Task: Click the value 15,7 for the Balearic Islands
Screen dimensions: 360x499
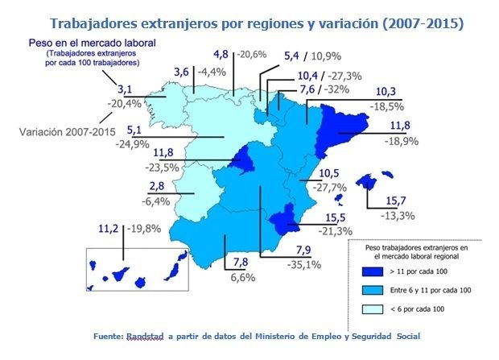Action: pos(393,201)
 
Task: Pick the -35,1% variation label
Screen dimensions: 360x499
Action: pos(305,263)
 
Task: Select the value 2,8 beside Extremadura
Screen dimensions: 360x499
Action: pos(158,187)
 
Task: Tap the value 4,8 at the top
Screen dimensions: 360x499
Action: pos(221,55)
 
